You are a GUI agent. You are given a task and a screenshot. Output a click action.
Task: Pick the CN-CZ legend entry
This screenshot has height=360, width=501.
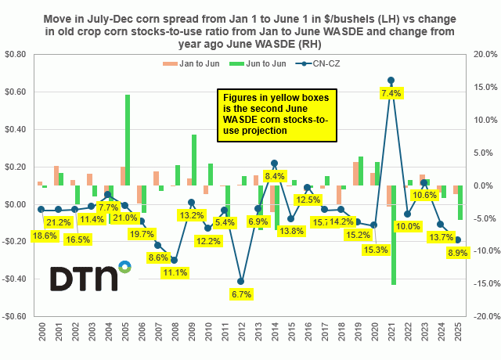309,63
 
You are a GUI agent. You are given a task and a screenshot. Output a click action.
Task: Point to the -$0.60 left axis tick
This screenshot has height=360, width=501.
16,316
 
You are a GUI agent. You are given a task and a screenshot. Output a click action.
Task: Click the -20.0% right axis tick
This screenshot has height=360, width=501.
481,316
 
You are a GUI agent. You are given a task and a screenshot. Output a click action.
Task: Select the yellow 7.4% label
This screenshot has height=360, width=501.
391,93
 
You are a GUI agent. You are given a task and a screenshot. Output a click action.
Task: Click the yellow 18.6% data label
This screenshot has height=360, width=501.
44,235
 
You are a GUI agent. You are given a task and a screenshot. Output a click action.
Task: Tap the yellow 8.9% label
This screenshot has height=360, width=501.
458,253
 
